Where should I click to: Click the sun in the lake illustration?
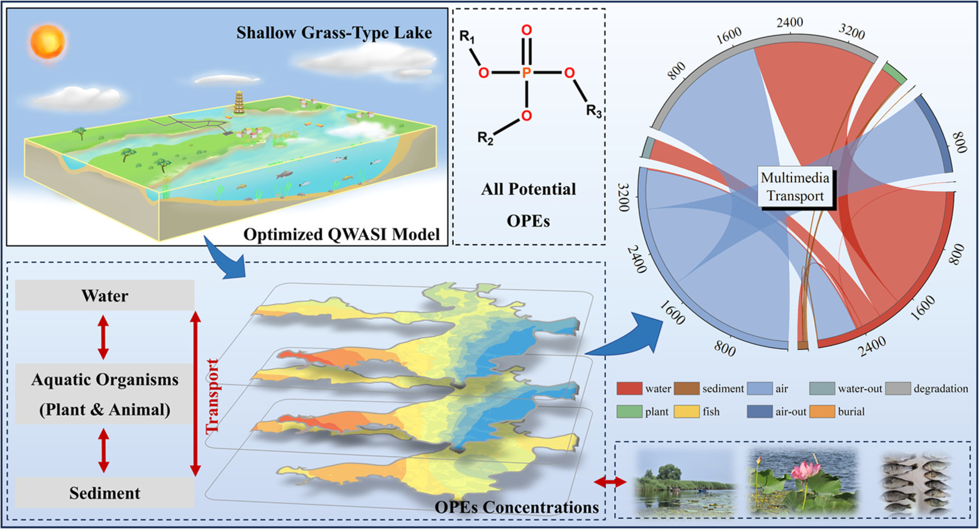click(48, 42)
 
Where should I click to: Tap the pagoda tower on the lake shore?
click(239, 102)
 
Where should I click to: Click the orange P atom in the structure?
click(527, 73)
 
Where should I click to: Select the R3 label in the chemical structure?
click(594, 111)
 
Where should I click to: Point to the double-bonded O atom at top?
click(527, 30)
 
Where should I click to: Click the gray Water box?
click(105, 295)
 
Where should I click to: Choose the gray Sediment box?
click(105, 492)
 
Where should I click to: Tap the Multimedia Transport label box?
click(795, 187)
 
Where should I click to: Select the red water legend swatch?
click(629, 388)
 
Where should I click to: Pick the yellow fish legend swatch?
click(686, 411)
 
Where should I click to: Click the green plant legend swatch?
click(629, 411)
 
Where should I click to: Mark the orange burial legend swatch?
click(822, 411)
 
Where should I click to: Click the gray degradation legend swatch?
click(898, 388)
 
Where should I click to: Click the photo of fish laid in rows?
click(916, 482)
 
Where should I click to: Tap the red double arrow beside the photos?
click(610, 482)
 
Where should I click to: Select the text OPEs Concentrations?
click(516, 507)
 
